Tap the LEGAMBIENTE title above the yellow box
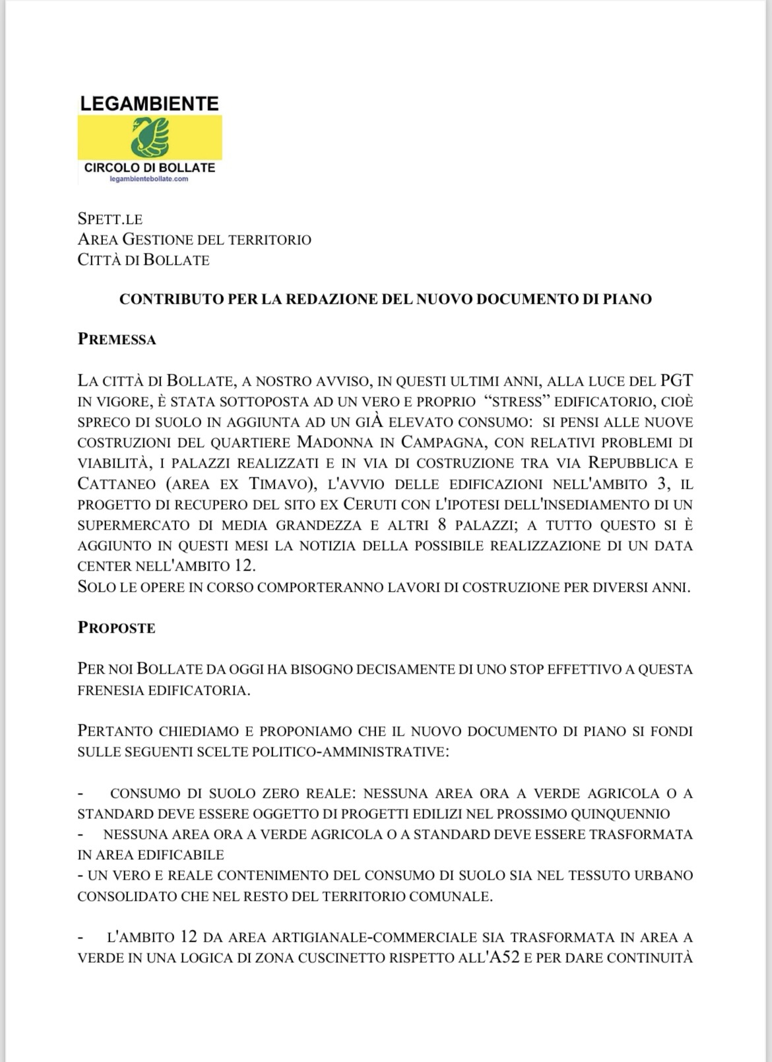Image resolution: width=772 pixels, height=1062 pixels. pos(149,104)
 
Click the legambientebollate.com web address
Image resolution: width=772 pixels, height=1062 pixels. pos(149,179)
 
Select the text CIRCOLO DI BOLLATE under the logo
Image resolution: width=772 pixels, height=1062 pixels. pos(150,168)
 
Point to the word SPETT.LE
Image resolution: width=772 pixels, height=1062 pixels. pos(110,219)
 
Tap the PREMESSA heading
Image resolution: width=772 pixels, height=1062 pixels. pos(117,340)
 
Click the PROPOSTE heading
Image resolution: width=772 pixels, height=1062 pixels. pos(117,627)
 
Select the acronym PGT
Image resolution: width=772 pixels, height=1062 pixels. pos(676,381)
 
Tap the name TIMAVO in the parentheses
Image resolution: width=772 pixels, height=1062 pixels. pos(278,484)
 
